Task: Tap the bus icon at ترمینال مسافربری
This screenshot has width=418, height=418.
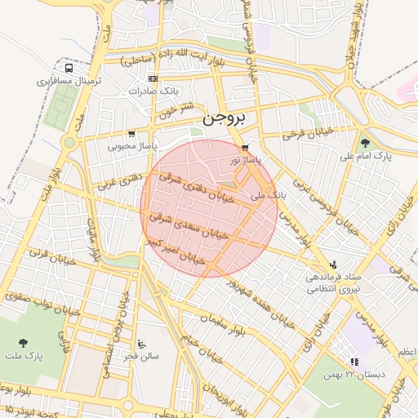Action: tap(68, 69)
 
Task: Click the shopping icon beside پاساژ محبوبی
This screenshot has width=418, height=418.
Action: tap(131, 134)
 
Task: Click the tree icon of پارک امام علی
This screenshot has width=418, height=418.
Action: tap(364, 143)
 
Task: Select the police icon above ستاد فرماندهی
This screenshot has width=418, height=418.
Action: tap(333, 265)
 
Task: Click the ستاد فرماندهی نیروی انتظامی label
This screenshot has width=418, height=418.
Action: tap(333, 282)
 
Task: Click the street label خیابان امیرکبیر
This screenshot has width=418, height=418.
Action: tap(176, 250)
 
